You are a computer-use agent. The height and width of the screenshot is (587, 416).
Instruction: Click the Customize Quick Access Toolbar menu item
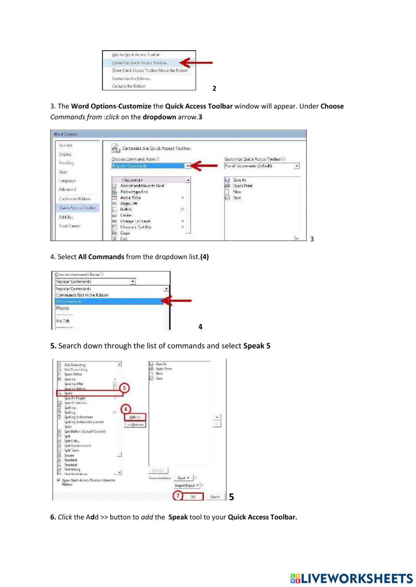tap(140, 63)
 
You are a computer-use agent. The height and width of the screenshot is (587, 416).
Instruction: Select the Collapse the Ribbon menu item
tap(129, 86)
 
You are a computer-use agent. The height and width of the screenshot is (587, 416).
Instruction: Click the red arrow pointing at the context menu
tap(196, 63)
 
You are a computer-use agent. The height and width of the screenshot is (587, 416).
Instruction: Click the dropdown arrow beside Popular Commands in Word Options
tap(188, 166)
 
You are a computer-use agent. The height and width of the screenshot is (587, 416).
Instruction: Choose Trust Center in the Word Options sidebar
tap(70, 226)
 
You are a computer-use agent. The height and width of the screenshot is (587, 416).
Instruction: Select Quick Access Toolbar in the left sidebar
tap(77, 208)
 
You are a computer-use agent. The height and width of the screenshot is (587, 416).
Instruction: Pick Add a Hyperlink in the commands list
tap(134, 192)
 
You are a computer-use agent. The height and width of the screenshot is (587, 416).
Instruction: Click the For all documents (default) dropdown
tap(262, 166)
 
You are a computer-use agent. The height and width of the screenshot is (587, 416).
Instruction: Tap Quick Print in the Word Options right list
tap(243, 186)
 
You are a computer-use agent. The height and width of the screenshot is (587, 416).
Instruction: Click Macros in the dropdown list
tap(62, 308)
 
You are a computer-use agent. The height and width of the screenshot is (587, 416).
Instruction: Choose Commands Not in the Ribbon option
tap(82, 295)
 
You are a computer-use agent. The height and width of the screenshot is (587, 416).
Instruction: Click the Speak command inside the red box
tap(69, 393)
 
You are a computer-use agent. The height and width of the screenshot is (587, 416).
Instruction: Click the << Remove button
tap(135, 425)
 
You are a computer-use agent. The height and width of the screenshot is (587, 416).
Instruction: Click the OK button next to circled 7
tap(193, 496)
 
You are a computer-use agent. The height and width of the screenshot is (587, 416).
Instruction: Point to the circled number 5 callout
tap(124, 388)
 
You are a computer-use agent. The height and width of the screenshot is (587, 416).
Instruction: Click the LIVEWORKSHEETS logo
tap(352, 578)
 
